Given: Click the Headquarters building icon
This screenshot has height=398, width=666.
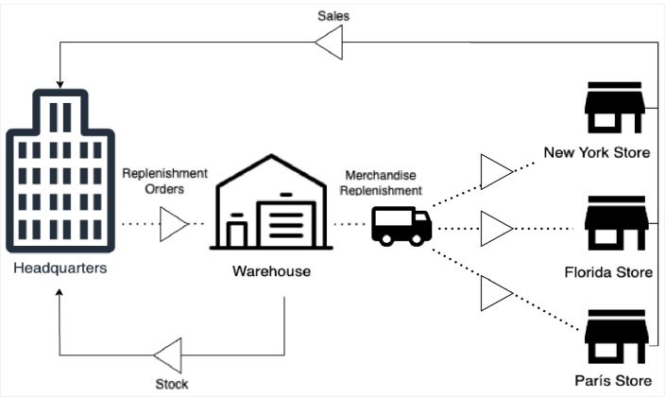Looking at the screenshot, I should [x=56, y=171].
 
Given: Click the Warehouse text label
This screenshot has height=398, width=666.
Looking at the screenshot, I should [x=271, y=271].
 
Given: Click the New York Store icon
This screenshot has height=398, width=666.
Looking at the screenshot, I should [x=614, y=111].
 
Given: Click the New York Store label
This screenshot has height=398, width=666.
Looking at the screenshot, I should [x=597, y=152].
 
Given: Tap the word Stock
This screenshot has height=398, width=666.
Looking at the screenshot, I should [x=171, y=384].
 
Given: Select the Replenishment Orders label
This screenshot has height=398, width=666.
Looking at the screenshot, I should [x=164, y=180].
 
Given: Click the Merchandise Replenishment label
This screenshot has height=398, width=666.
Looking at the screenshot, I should [x=383, y=183].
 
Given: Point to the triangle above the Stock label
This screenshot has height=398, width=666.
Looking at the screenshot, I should [x=169, y=355].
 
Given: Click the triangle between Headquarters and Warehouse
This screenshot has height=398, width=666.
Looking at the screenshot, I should [x=174, y=225].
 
